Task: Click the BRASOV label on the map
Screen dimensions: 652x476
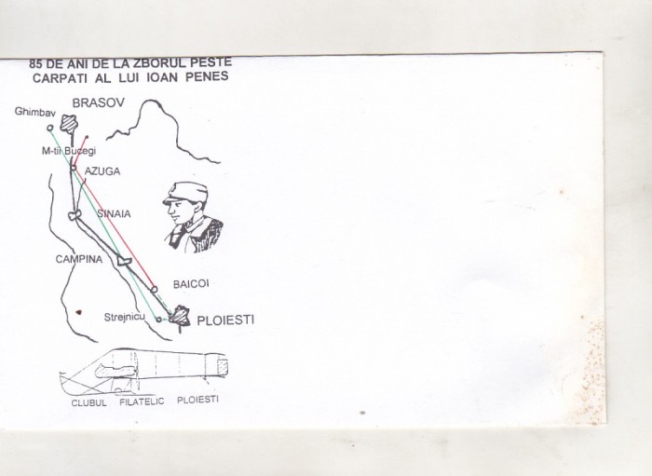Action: click(99, 102)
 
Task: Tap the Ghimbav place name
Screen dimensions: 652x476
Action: click(35, 112)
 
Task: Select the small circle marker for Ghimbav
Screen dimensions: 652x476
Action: click(50, 128)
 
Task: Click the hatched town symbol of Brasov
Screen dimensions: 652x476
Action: click(69, 124)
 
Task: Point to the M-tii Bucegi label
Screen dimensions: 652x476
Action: click(69, 151)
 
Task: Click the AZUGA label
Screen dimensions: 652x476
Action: click(102, 171)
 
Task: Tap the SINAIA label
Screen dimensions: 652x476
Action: click(114, 213)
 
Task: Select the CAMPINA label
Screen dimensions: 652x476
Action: click(79, 259)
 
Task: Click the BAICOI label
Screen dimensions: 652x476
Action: click(191, 284)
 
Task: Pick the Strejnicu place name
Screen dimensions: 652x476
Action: click(124, 318)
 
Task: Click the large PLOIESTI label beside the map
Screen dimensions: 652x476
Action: click(225, 320)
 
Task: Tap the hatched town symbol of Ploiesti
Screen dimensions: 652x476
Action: click(180, 316)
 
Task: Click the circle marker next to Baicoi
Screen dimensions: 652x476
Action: click(154, 289)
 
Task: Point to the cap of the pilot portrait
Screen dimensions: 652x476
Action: click(186, 194)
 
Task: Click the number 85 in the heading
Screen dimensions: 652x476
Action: click(35, 64)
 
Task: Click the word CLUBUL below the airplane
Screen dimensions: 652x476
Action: click(89, 402)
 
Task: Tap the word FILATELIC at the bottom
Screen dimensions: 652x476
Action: click(142, 401)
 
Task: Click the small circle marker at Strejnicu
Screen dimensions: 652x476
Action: click(158, 320)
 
